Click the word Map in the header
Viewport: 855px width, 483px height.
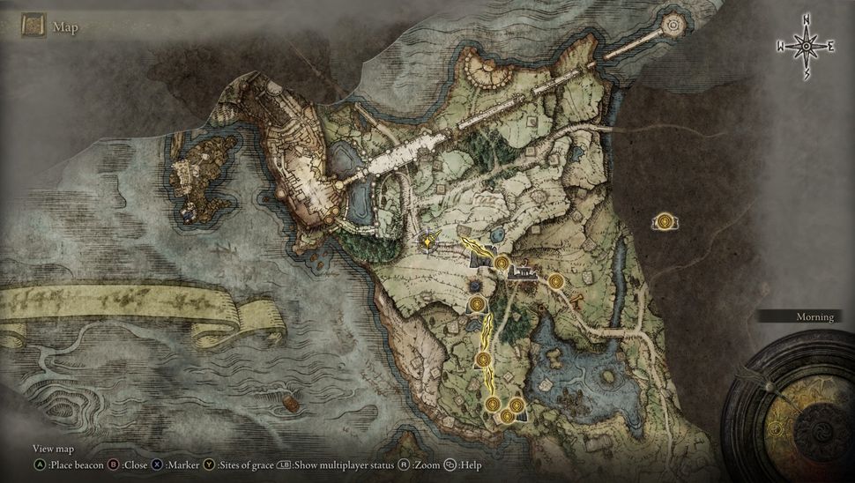[x=65, y=27]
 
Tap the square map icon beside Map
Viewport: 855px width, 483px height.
[x=34, y=26]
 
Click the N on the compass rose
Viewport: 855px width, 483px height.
[x=806, y=19]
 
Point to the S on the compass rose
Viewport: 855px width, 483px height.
[x=806, y=76]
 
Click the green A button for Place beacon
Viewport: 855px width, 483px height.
[x=39, y=464]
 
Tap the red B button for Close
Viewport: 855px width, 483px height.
[x=114, y=464]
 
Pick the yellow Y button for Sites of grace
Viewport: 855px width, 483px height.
[x=209, y=464]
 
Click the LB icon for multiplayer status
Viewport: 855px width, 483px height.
[x=284, y=464]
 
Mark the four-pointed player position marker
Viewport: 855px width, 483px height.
[x=428, y=240]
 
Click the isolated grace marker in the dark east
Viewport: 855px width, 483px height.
[x=665, y=221]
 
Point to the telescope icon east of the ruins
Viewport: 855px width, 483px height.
[x=578, y=302]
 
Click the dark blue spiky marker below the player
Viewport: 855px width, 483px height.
[x=475, y=286]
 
